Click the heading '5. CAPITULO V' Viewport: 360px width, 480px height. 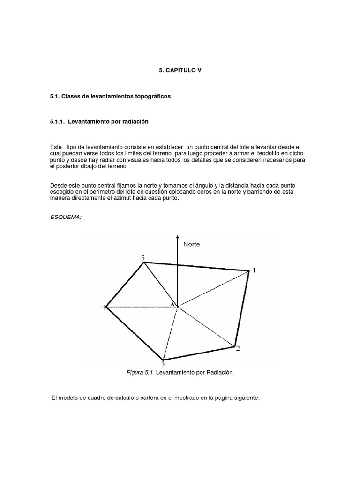pos(180,70)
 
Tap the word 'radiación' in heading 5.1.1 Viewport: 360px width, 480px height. pos(135,122)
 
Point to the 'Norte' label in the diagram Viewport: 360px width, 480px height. pos(192,244)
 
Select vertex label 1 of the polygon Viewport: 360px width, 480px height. pos(254,270)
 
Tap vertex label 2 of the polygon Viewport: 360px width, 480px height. pos(238,348)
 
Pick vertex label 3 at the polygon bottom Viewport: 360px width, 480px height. pos(163,364)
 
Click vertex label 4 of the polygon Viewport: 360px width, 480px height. pos(103,307)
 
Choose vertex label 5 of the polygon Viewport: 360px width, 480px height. pos(143,258)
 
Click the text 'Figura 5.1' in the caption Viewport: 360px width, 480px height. pos(140,373)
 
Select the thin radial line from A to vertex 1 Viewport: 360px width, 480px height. pos(213,288)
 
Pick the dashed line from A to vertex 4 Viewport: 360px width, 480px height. pos(141,307)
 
